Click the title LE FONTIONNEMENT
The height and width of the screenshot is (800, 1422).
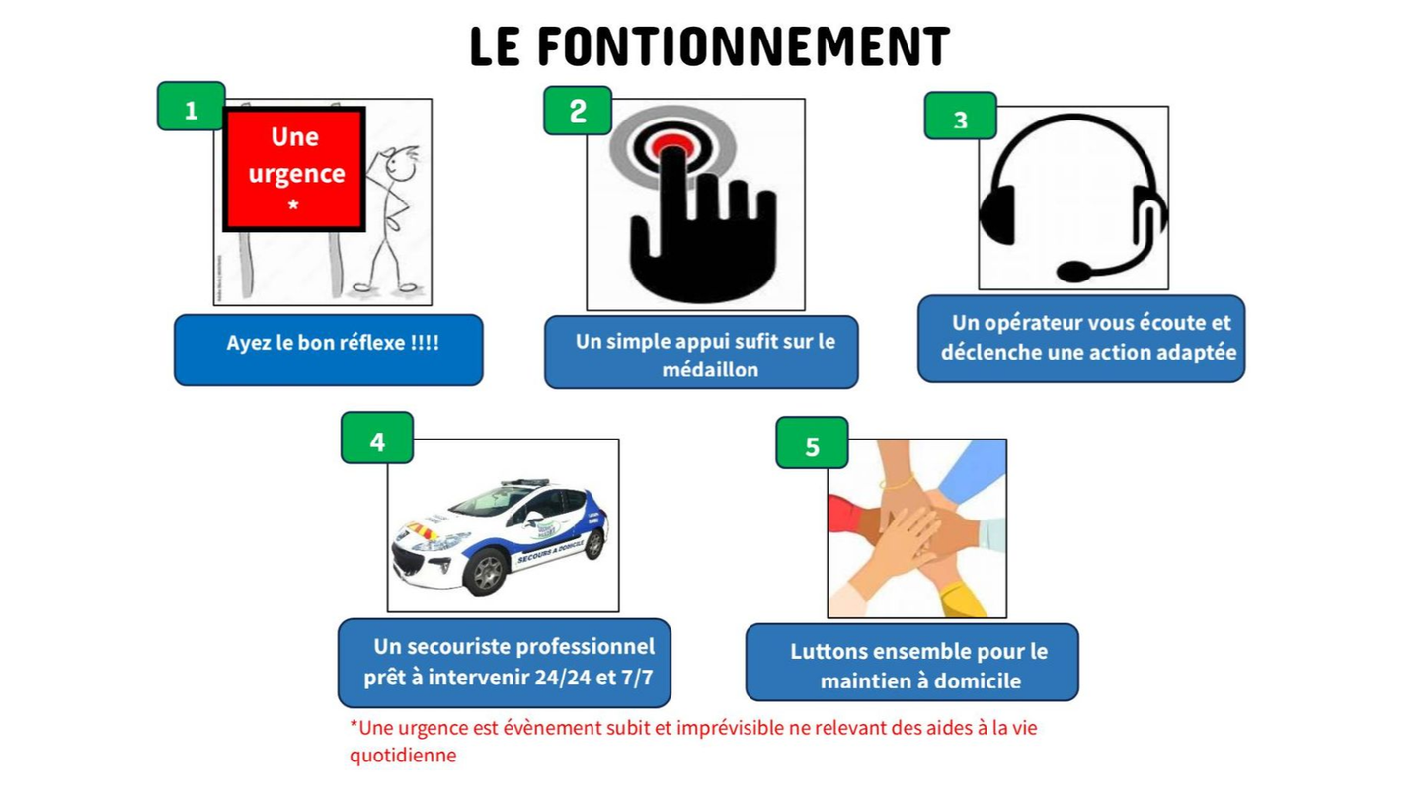709,47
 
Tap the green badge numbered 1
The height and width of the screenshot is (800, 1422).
191,107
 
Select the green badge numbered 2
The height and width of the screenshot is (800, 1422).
578,111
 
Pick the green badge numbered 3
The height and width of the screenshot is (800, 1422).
960,118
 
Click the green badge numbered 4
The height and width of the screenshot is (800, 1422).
376,440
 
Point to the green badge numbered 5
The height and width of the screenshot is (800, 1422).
812,444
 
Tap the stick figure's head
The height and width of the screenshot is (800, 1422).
399,162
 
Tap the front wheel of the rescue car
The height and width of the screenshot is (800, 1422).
485,573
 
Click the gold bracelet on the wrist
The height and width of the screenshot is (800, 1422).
899,484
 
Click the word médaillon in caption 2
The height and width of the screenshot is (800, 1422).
709,370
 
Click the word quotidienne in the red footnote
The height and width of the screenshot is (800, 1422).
403,756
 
